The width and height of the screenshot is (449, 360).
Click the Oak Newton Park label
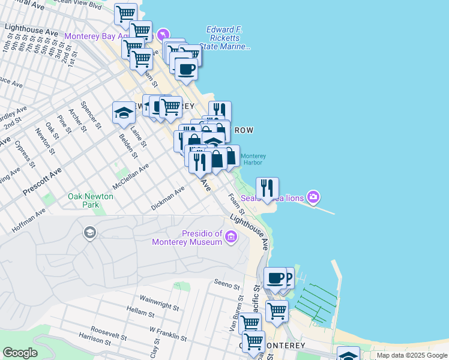coord(83,200)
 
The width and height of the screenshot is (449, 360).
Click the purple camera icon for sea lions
coord(313,197)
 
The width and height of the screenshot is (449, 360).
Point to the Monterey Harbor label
coord(253,159)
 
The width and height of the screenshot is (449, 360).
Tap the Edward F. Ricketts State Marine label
coord(228,38)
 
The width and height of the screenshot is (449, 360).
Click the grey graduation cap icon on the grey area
coord(90,233)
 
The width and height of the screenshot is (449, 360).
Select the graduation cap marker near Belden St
coord(124,112)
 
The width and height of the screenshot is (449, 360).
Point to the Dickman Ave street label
coord(167,199)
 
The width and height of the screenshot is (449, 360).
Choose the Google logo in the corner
coord(19,353)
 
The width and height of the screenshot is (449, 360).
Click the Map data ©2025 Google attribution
coord(412,355)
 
